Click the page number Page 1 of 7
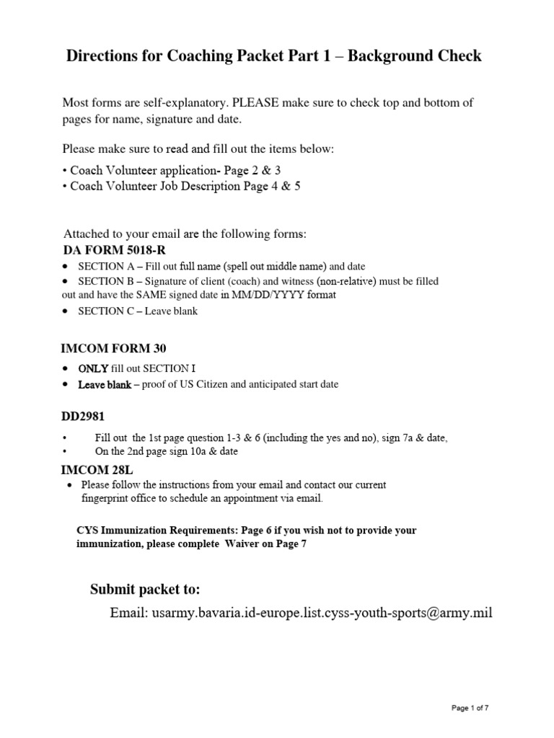point(470,708)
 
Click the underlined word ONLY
point(93,368)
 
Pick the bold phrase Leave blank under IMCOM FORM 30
point(105,385)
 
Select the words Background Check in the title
point(415,55)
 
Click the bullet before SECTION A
point(66,267)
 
